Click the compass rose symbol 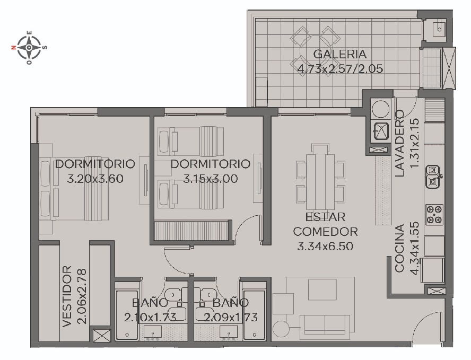click(29, 47)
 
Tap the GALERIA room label click(340, 55)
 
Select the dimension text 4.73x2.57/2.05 click(340, 69)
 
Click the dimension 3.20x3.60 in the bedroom click(95, 179)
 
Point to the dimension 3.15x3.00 click(211, 179)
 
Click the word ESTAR click(325, 217)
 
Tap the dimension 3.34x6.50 click(325, 247)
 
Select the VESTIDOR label click(67, 296)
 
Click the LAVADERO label click(399, 144)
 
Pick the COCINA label click(399, 249)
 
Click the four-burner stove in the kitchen click(434, 214)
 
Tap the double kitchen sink click(433, 177)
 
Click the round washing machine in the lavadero click(381, 109)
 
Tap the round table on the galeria click(316, 48)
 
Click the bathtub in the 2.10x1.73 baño click(127, 314)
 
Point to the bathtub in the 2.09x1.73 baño click(255, 314)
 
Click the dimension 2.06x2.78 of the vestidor click(82, 296)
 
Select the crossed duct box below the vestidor click(101, 336)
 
